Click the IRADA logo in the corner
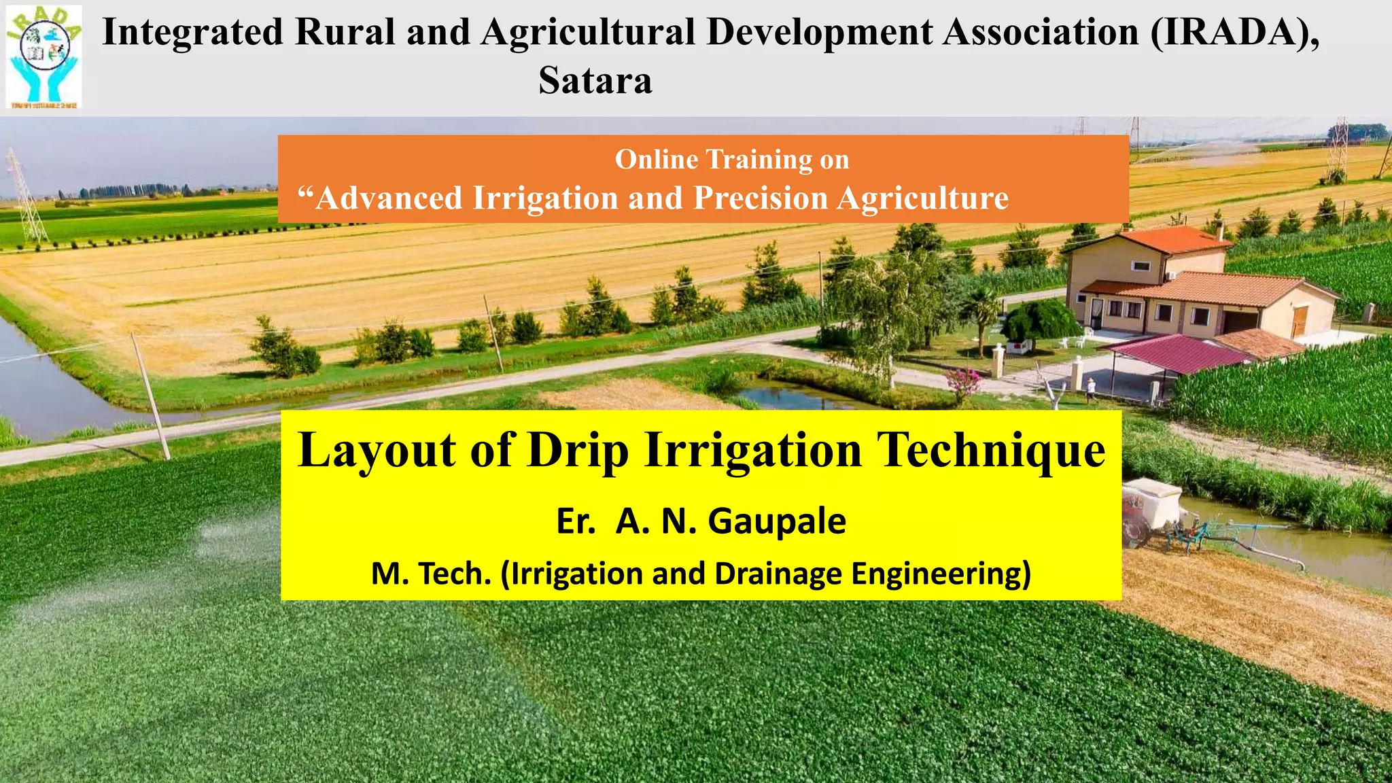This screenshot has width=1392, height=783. click(44, 56)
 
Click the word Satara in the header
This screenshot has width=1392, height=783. click(595, 80)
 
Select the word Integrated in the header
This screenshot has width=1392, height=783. click(192, 32)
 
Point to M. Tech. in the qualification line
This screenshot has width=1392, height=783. click(431, 574)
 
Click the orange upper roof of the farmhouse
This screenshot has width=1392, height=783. click(1176, 239)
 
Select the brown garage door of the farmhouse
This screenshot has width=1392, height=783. click(1299, 321)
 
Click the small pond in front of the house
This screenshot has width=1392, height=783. click(795, 396)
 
